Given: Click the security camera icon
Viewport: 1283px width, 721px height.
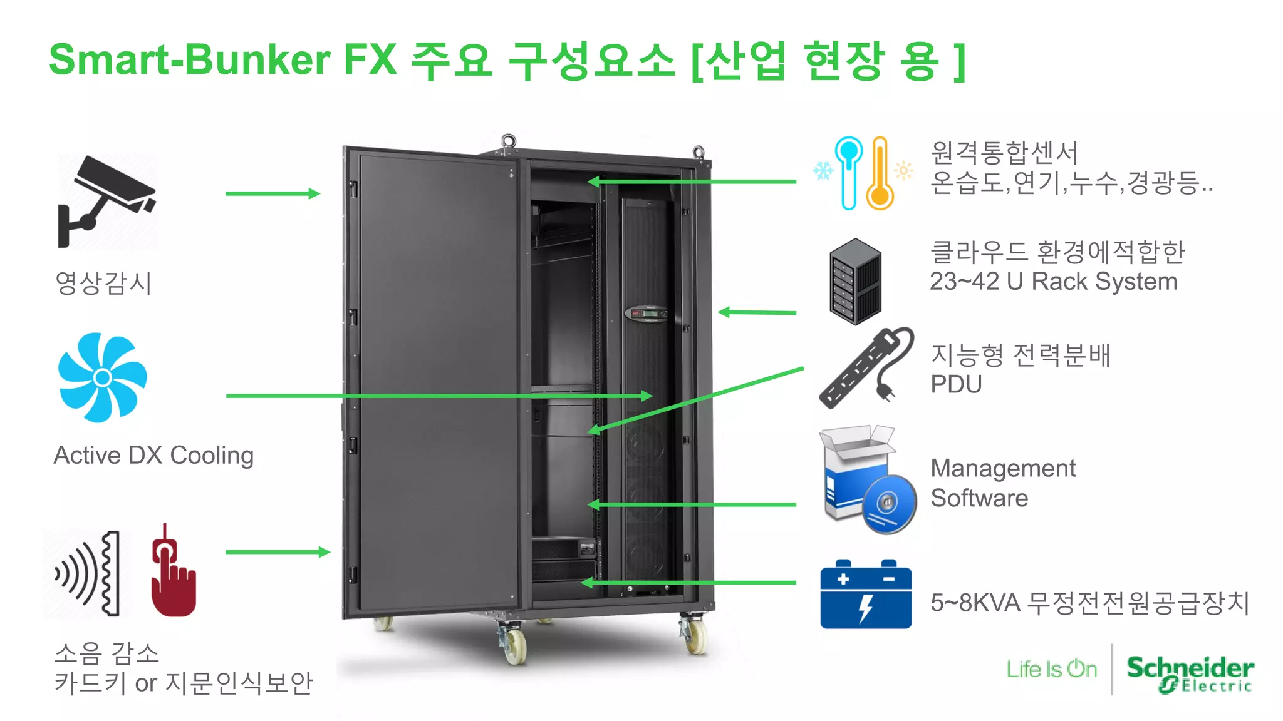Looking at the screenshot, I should pos(106,200).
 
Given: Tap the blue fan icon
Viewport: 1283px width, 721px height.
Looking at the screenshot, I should pos(103,377).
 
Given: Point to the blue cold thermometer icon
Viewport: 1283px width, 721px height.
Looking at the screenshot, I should pos(848,172).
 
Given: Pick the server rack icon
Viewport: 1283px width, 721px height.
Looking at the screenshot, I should pos(855,281).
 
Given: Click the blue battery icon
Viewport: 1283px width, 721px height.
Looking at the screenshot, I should pos(866,595).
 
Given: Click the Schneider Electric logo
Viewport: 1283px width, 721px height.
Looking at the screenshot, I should pos(1190,673).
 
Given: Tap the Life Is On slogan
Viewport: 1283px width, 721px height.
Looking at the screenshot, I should pos(1052,669).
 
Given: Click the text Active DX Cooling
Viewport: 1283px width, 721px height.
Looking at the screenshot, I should pos(153,455).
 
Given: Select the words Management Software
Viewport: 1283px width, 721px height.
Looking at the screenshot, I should pos(1002,483).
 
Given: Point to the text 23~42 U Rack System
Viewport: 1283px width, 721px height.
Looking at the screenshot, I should pos(1053,282).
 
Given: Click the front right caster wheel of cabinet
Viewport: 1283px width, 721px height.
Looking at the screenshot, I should pos(694,635).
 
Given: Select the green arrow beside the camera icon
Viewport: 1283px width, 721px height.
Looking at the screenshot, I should pos(273,193).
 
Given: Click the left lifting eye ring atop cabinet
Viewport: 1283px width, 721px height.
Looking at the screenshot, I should pos(508,140).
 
